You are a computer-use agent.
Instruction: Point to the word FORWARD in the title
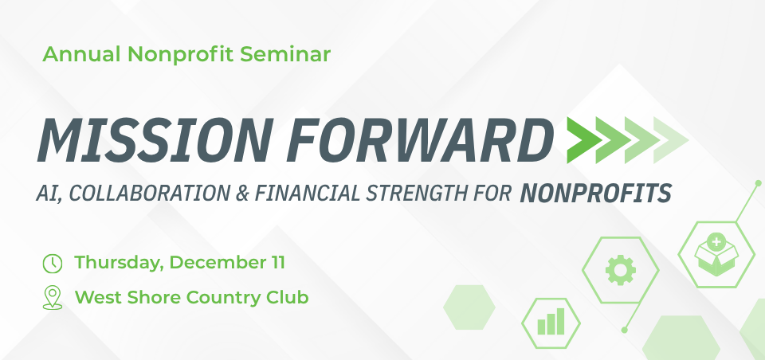414,140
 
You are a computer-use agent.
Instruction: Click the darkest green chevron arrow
583,139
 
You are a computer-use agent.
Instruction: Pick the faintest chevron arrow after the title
670,139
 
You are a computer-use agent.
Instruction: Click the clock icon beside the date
52,262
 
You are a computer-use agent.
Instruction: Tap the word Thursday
118,262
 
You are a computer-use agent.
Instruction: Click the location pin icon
52,298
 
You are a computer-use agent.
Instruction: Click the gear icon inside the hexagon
620,271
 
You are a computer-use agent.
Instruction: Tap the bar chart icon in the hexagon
551,322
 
